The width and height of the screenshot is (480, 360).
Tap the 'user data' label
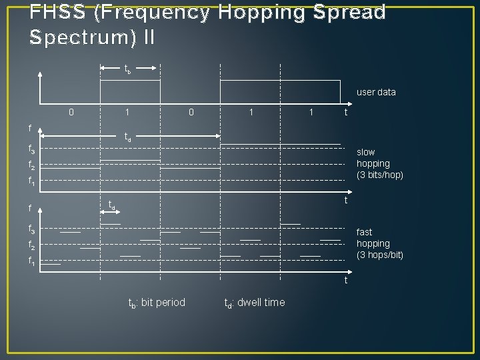point(376,92)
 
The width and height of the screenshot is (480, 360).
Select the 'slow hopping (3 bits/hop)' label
point(379,163)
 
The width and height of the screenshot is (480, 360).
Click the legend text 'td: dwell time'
point(254,303)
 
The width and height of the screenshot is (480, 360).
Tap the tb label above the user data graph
point(127,69)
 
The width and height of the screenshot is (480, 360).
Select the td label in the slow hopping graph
point(129,138)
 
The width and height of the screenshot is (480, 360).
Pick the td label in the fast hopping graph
point(113,205)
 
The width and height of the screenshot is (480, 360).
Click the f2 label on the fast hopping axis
point(31,245)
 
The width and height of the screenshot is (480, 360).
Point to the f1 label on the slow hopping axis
point(31,179)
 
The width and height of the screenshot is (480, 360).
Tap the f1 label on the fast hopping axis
point(31,261)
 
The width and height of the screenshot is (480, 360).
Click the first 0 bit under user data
point(71,112)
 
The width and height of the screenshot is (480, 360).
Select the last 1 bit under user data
point(311,112)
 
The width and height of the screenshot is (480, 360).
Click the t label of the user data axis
point(345,112)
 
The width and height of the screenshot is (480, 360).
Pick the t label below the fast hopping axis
point(345,281)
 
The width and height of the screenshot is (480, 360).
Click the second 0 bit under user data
point(191,112)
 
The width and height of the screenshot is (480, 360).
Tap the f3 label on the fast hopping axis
point(31,229)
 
